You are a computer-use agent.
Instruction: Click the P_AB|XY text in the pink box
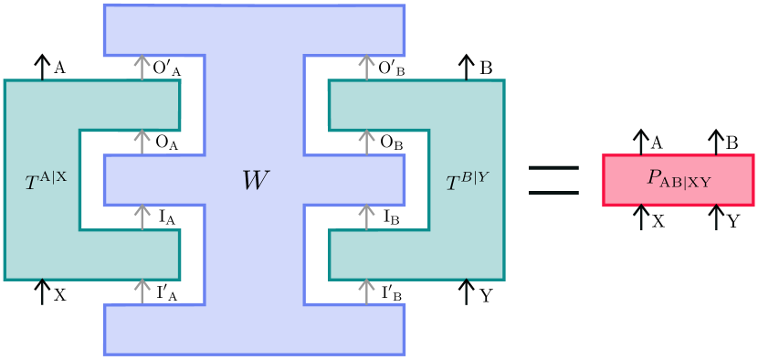click(679, 180)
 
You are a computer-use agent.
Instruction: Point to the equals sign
click(554, 180)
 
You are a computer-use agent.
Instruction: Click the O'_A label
click(165, 69)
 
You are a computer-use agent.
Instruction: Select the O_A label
click(165, 143)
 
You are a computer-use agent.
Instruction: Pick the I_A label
click(165, 217)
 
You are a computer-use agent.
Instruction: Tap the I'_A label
click(165, 292)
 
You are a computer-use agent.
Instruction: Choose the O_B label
click(390, 143)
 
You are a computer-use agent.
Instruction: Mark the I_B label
click(390, 217)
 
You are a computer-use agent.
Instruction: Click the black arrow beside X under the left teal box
click(41, 292)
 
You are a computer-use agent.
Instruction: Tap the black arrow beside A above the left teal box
click(41, 67)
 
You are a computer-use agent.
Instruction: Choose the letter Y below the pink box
click(733, 220)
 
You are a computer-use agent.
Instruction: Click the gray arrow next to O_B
click(366, 143)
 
